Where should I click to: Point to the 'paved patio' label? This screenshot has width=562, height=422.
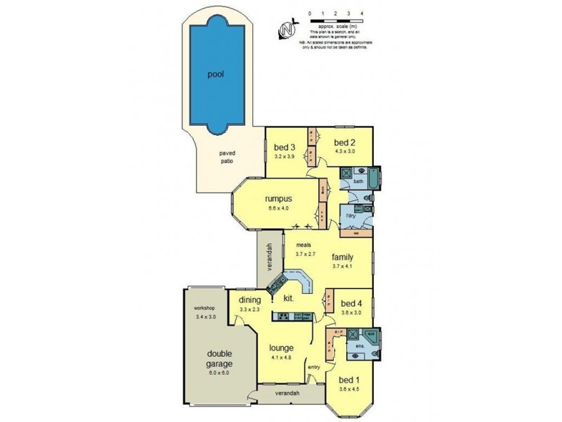pyautogui.click(x=226, y=157)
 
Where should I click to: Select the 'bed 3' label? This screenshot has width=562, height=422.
pyautogui.click(x=283, y=147)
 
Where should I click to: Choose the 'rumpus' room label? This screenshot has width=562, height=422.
pyautogui.click(x=278, y=198)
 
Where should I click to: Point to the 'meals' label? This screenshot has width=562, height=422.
pyautogui.click(x=303, y=245)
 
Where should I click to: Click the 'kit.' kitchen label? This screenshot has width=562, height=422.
pyautogui.click(x=288, y=298)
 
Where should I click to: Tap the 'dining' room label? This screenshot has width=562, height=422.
pyautogui.click(x=249, y=300)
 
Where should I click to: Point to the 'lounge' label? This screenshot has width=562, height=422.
pyautogui.click(x=281, y=347)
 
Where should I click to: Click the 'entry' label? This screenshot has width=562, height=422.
pyautogui.click(x=313, y=366)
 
